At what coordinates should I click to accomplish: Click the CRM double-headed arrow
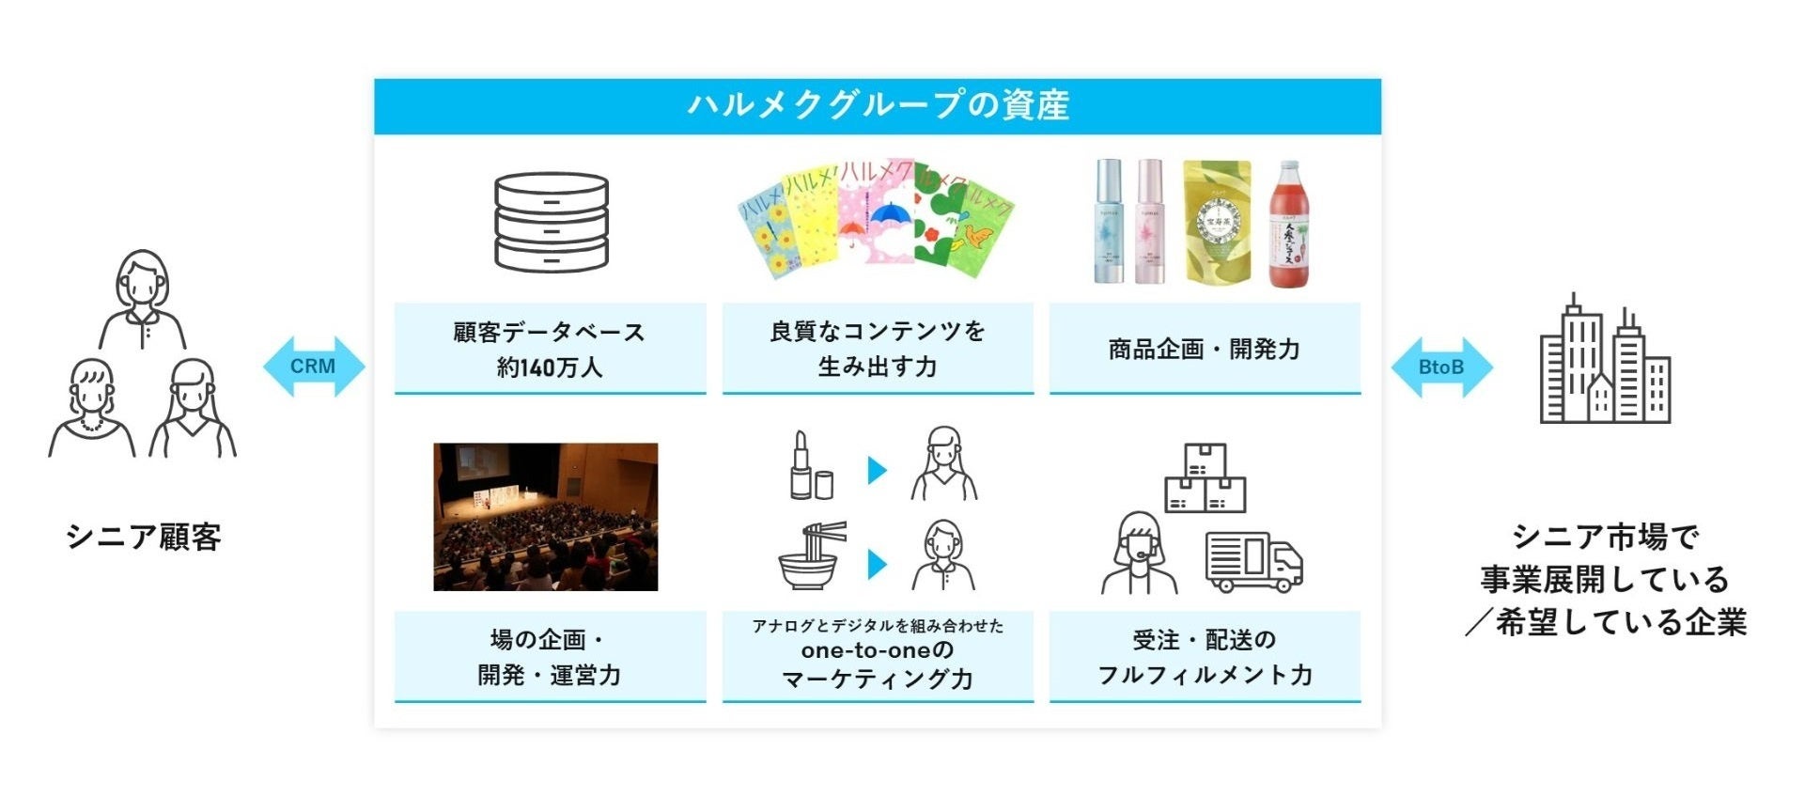tap(313, 367)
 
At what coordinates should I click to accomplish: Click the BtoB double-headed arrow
tap(1441, 367)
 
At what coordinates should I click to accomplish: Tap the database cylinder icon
tap(551, 222)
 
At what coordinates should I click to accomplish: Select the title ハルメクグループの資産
tap(878, 105)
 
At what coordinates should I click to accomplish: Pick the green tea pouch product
tap(1217, 222)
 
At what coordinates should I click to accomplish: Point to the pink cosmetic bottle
tap(1150, 222)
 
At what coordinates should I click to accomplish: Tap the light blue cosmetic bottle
tap(1109, 222)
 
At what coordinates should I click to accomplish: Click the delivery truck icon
tap(1253, 562)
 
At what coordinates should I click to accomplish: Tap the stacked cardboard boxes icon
tap(1205, 478)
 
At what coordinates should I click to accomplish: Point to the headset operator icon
tap(1139, 554)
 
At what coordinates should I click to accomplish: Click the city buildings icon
tap(1605, 362)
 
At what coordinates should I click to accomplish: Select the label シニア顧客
tap(144, 538)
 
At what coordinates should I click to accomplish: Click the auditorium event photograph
tap(545, 517)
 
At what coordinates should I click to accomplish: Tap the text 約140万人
tap(550, 367)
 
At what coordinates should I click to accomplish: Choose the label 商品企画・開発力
tap(1205, 350)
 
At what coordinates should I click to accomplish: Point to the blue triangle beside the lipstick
tap(878, 469)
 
